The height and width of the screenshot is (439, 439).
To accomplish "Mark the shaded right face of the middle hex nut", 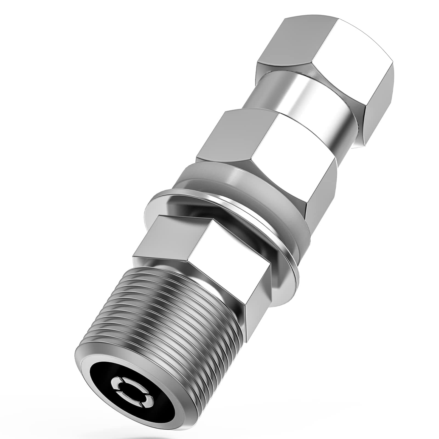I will tap(321, 187).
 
